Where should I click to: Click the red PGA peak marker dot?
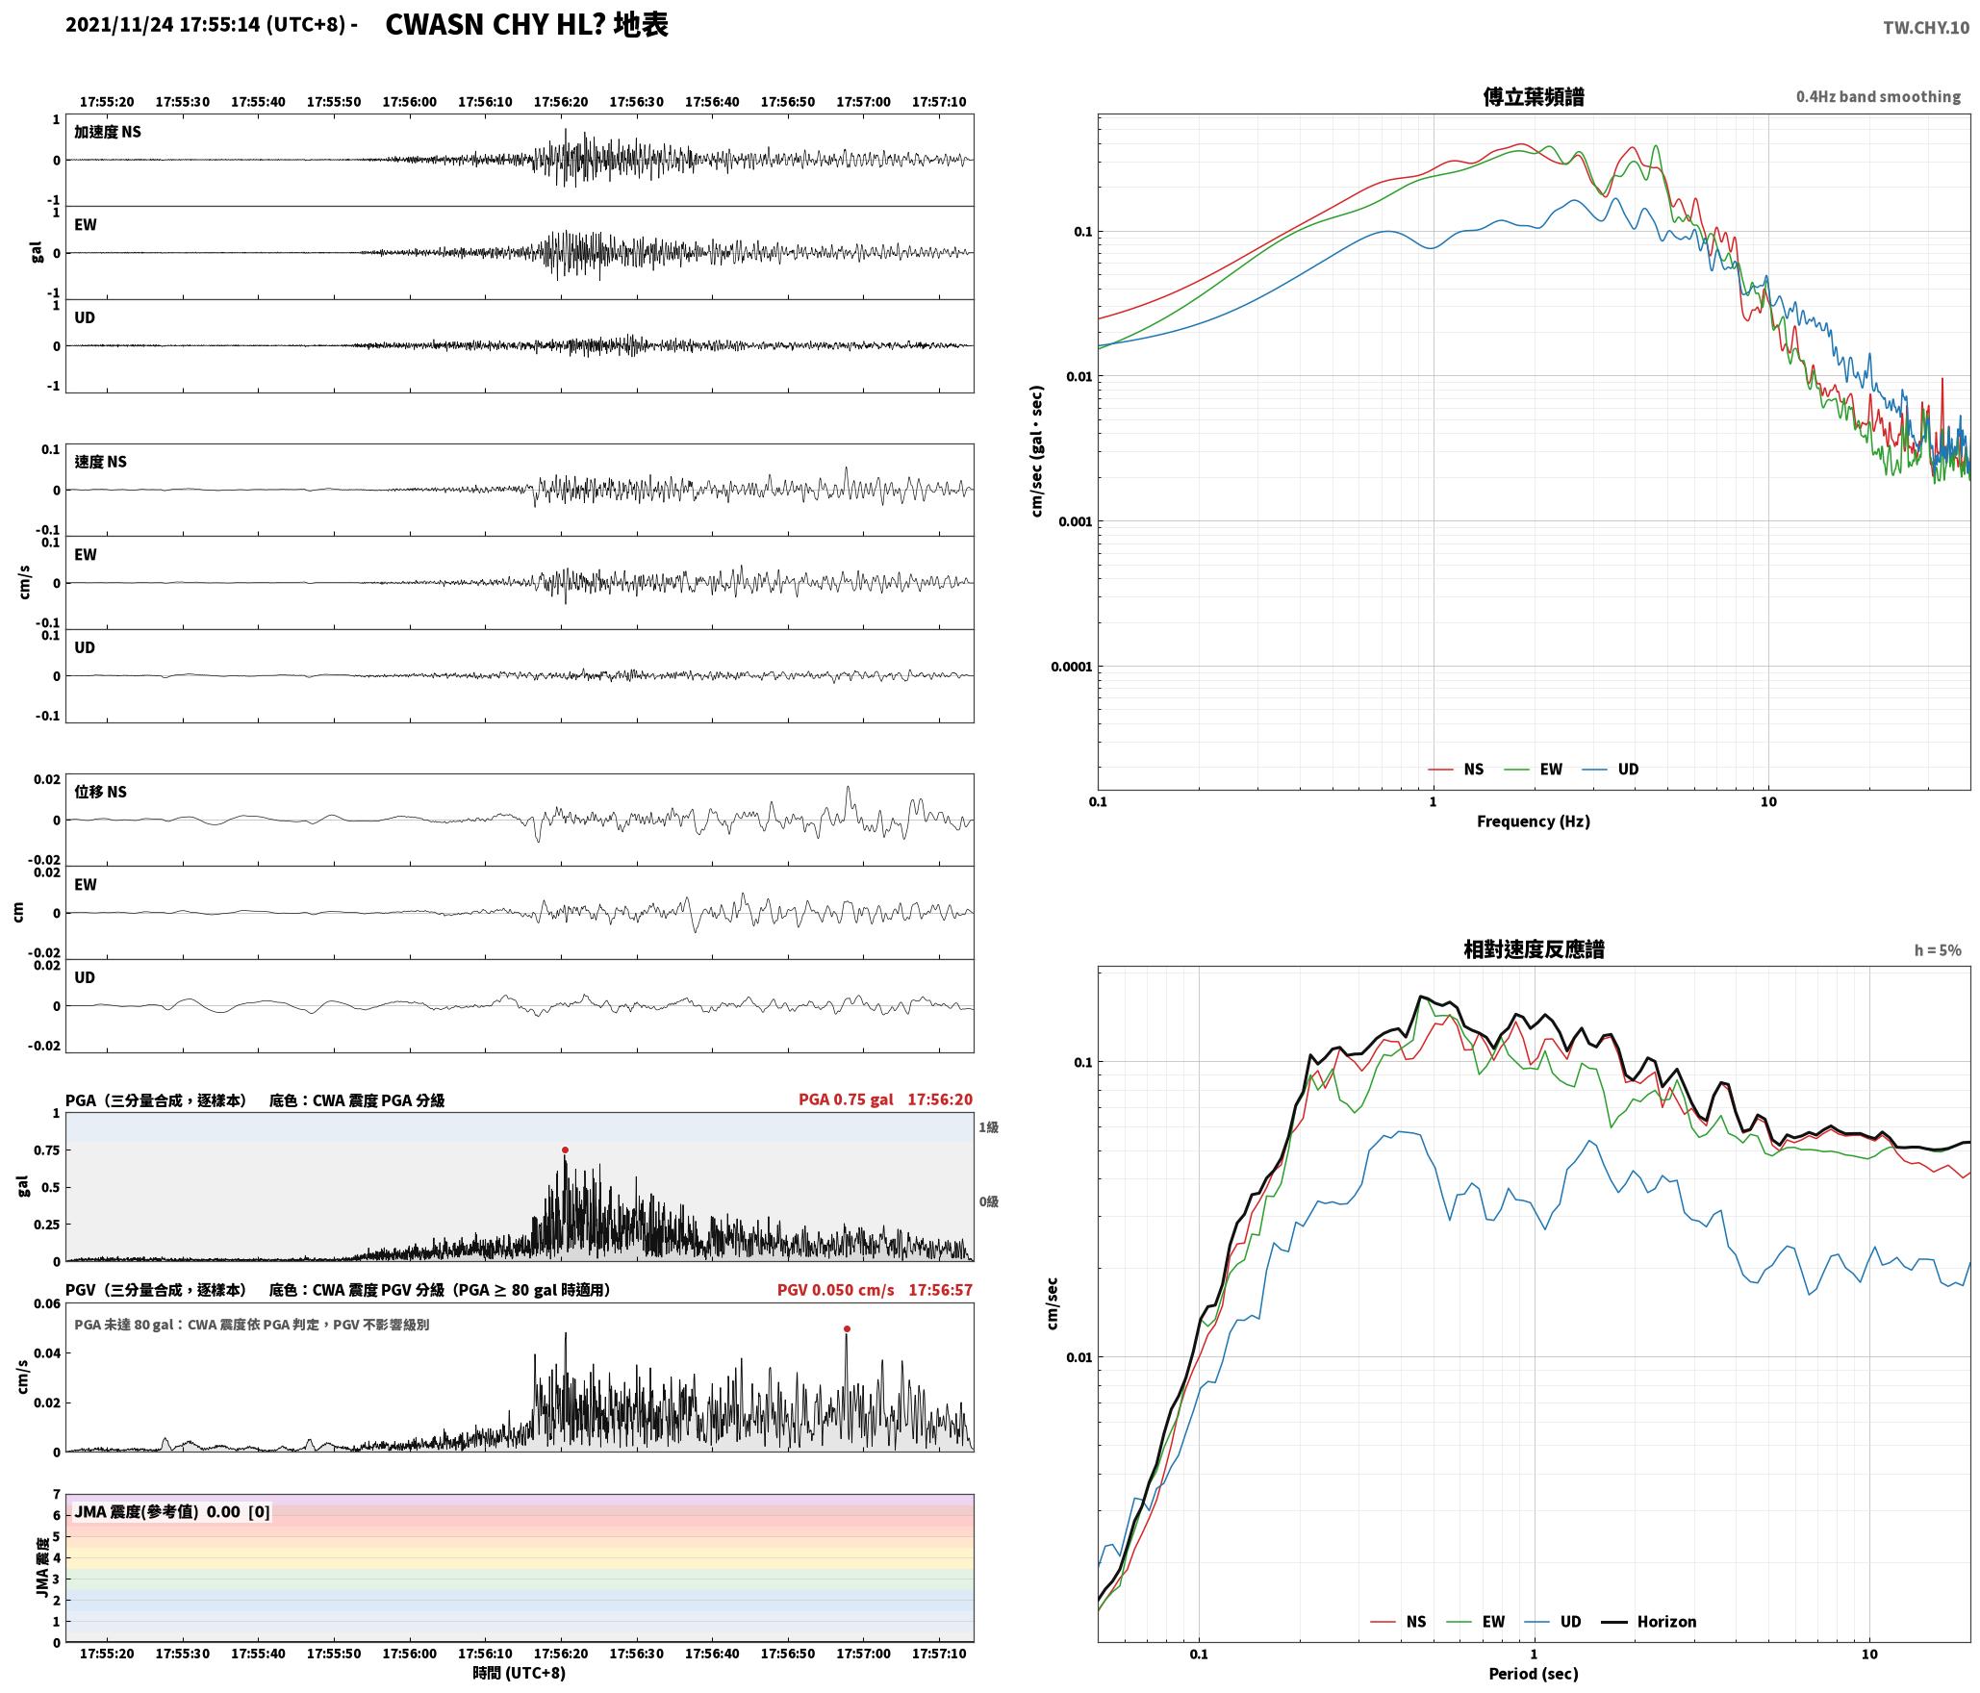point(565,1150)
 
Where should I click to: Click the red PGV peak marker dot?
point(847,1328)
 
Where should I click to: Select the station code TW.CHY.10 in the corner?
point(1926,28)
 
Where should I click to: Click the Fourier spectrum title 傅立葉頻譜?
point(1534,96)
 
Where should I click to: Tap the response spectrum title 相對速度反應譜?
point(1534,949)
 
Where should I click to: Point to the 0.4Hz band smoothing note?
point(1878,97)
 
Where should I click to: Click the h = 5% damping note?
point(1938,950)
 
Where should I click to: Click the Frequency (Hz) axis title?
point(1534,821)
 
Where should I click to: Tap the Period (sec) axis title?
point(1534,1673)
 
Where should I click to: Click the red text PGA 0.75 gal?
point(846,1099)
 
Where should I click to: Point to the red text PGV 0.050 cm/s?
point(835,1290)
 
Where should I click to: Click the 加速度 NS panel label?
point(108,132)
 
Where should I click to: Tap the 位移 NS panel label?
point(101,792)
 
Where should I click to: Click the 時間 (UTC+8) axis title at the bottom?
point(520,1673)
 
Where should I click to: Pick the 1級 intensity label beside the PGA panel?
point(988,1127)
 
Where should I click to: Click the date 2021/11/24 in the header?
point(119,25)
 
